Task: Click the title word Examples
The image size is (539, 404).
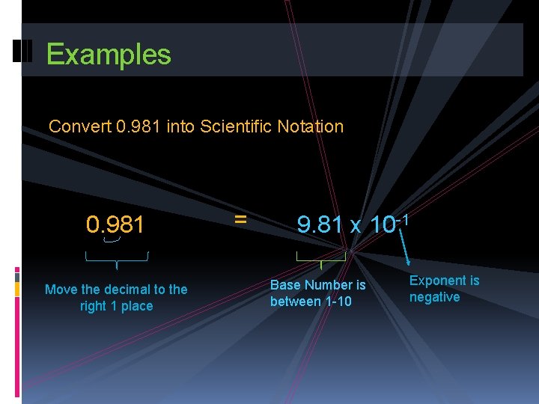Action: tap(109, 55)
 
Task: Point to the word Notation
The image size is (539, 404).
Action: tap(310, 126)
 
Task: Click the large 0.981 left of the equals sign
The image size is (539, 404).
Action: tap(115, 224)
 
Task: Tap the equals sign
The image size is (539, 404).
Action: tap(240, 219)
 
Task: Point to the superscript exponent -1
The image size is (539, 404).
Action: tap(403, 218)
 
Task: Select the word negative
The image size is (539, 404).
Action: tap(434, 297)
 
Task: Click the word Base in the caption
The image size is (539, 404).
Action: tap(284, 285)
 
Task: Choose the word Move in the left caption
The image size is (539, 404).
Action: tap(61, 290)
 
